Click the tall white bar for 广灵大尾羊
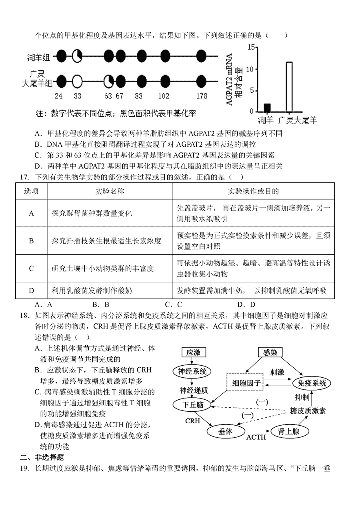click(x=289, y=87)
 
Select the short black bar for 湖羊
click(x=267, y=108)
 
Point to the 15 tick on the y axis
click(x=251, y=47)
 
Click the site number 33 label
click(x=77, y=96)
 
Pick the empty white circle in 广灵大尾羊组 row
click(x=77, y=82)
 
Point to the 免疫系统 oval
click(x=312, y=383)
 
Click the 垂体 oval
click(x=226, y=431)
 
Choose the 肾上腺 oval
click(x=285, y=431)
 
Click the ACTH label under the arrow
click(x=256, y=437)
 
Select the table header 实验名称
click(x=110, y=191)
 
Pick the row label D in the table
click(x=32, y=291)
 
